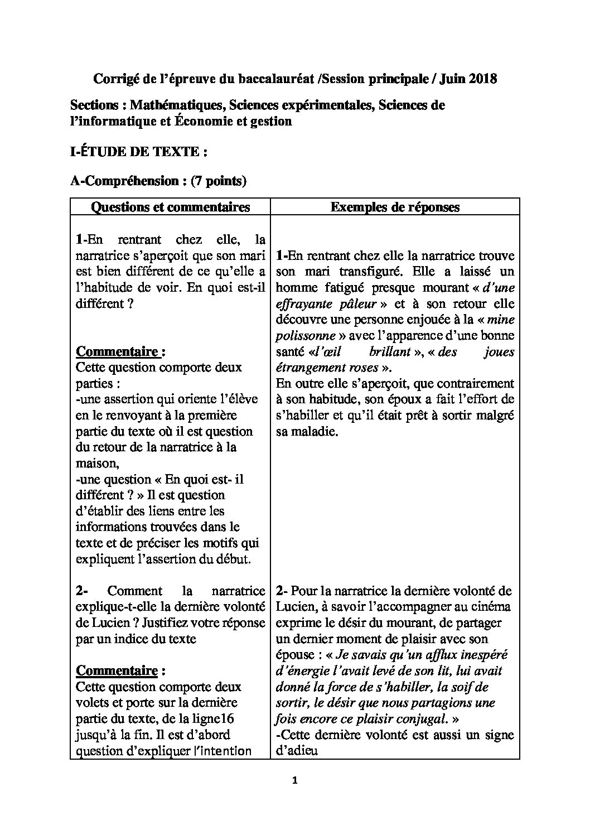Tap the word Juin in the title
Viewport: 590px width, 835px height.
pos(452,79)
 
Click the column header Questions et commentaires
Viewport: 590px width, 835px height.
pos(170,207)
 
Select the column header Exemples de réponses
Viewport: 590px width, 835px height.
pos(395,207)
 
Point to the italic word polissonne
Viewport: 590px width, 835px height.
pos(306,336)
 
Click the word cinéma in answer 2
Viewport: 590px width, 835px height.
pos(491,606)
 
